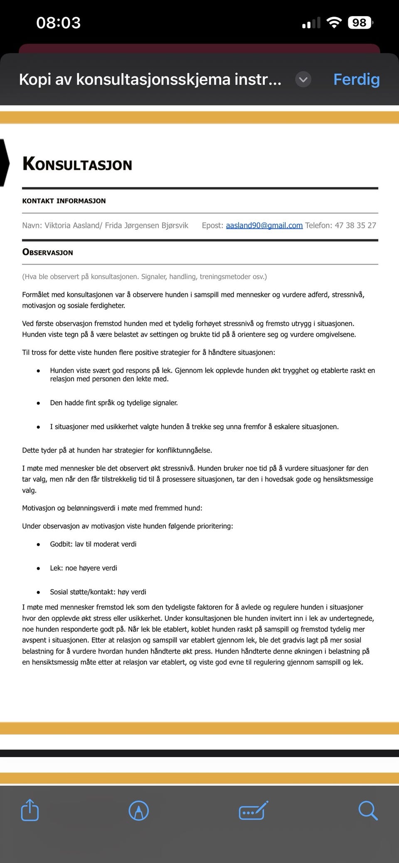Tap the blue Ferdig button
pyautogui.click(x=356, y=79)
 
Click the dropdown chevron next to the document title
pyautogui.click(x=303, y=79)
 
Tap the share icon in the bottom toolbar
pyautogui.click(x=30, y=810)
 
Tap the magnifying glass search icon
pyautogui.click(x=367, y=810)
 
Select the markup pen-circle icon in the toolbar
pyautogui.click(x=139, y=810)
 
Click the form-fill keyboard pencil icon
pyautogui.click(x=253, y=810)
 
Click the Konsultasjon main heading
pyautogui.click(x=77, y=164)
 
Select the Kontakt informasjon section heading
pyautogui.click(x=64, y=201)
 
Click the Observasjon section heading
pyautogui.click(x=48, y=252)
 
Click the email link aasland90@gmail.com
pyautogui.click(x=264, y=226)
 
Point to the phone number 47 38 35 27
pyautogui.click(x=355, y=226)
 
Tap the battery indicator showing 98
pyautogui.click(x=360, y=22)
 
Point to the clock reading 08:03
pyautogui.click(x=58, y=22)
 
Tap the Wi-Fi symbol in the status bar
pyautogui.click(x=334, y=22)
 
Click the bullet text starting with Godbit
pyautogui.click(x=93, y=544)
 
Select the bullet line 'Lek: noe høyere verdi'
pyautogui.click(x=84, y=568)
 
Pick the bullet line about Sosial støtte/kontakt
pyautogui.click(x=98, y=592)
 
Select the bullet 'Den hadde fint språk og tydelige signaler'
pyautogui.click(x=114, y=403)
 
